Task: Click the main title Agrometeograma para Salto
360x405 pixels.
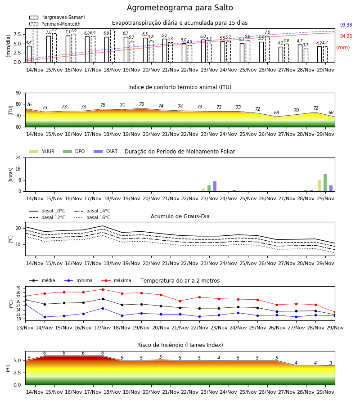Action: pyautogui.click(x=180, y=8)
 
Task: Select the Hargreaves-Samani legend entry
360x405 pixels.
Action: pyautogui.click(x=57, y=17)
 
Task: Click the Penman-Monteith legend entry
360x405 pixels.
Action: pyautogui.click(x=55, y=24)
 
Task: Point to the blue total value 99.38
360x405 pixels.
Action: pyautogui.click(x=346, y=25)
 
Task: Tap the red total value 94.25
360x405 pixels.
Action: pyautogui.click(x=346, y=36)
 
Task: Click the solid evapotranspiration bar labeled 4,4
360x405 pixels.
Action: pyautogui.click(x=29, y=54)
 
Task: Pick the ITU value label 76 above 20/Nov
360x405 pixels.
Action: pyautogui.click(x=141, y=104)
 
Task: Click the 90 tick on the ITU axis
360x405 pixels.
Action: pyautogui.click(x=18, y=93)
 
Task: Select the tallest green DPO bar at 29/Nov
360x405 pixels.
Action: pyautogui.click(x=325, y=183)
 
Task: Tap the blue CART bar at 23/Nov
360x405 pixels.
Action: pyautogui.click(x=215, y=186)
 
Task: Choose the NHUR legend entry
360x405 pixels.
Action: pyautogui.click(x=41, y=151)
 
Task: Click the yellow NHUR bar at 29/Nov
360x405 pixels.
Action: pyautogui.click(x=319, y=186)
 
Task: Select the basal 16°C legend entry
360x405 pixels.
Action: pyautogui.click(x=92, y=217)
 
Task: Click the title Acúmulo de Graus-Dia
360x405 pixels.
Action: pyautogui.click(x=180, y=216)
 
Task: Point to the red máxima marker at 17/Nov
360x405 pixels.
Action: pyautogui.click(x=103, y=289)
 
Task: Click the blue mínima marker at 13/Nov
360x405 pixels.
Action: pyautogui.click(x=25, y=305)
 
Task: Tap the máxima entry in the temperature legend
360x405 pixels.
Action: pyautogui.click(x=116, y=280)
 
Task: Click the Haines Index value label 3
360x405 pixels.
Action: pyautogui.click(x=331, y=363)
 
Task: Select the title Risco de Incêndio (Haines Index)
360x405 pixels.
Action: pyautogui.click(x=180, y=345)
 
